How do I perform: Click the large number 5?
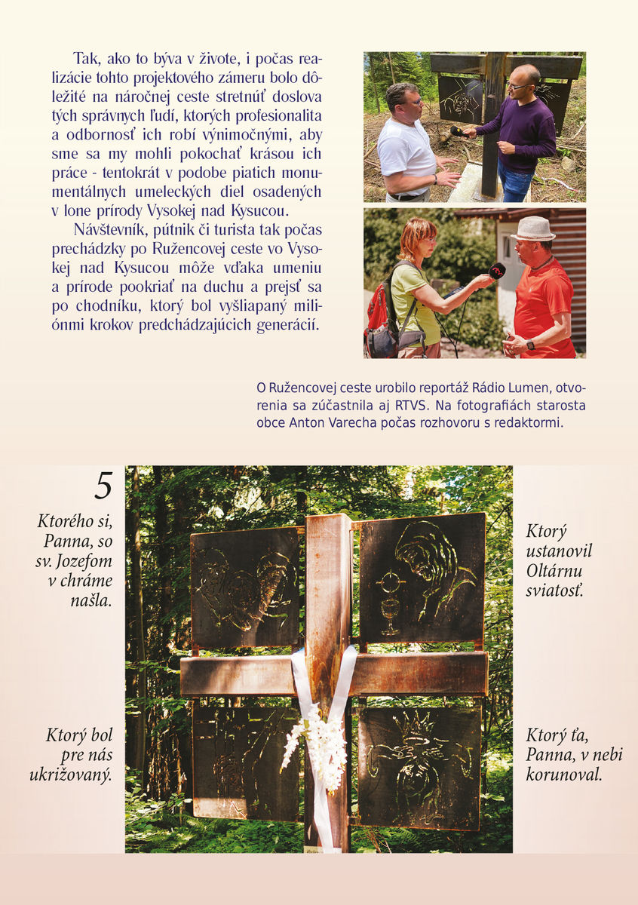tap(103, 486)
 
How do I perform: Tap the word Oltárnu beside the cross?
tap(554, 571)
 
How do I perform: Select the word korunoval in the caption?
tap(564, 775)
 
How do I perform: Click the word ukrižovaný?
tap(71, 776)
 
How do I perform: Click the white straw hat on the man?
tap(532, 229)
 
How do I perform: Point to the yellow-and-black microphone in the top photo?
tap(459, 132)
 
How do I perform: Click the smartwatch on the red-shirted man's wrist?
tap(530, 345)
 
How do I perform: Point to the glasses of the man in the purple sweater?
tap(519, 86)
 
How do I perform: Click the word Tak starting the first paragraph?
tap(87, 59)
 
